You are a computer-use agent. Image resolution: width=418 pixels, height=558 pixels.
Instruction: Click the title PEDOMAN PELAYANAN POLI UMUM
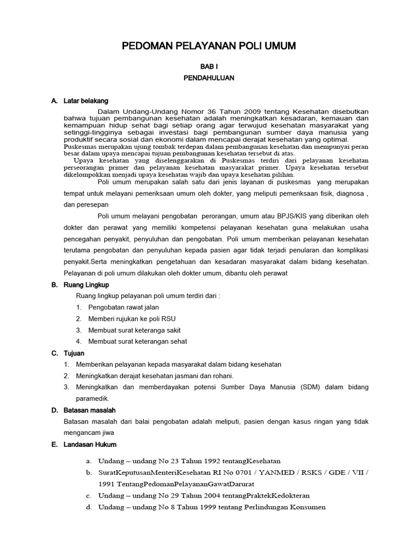[208, 47]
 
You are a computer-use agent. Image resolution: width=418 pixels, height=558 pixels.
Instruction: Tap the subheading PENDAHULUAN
[208, 78]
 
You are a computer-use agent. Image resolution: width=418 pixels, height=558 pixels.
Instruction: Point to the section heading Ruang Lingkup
[87, 284]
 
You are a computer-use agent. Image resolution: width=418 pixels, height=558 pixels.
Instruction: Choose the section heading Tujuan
[75, 353]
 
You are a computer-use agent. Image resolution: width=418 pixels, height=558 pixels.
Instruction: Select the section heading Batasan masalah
[90, 410]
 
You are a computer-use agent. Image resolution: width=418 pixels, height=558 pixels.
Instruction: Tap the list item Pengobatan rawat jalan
[116, 307]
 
